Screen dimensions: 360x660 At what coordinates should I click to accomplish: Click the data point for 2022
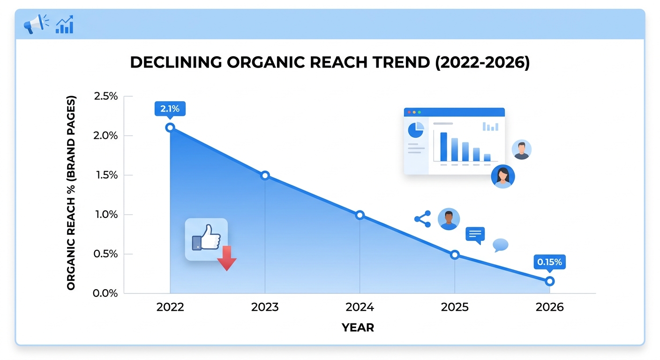coord(170,127)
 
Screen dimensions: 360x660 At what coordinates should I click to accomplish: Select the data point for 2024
coord(360,215)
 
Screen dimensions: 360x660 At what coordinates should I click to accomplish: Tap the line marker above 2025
coord(454,255)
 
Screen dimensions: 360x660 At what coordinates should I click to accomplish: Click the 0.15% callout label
coord(549,262)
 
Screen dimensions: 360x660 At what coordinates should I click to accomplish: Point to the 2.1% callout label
coord(170,109)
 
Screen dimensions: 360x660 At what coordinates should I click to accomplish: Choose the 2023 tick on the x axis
coord(265,307)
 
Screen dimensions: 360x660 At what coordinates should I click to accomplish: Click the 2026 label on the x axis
coord(550,307)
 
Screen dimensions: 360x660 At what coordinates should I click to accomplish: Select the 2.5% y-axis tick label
coord(106,97)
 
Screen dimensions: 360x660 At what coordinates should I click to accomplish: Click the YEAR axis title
coord(358,328)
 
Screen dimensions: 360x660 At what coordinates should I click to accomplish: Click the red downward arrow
coord(226,258)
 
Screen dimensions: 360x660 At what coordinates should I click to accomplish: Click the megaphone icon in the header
coord(36,23)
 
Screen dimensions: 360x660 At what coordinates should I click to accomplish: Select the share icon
coord(423,219)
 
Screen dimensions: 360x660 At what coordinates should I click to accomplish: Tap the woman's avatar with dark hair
coord(502,177)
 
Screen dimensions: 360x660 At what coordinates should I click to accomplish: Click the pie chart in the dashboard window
coord(416,130)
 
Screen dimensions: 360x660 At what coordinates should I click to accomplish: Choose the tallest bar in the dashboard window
coord(443,147)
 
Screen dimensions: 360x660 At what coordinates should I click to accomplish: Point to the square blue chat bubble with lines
coord(475,234)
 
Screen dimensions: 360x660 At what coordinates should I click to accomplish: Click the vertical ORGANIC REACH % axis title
coord(71,193)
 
